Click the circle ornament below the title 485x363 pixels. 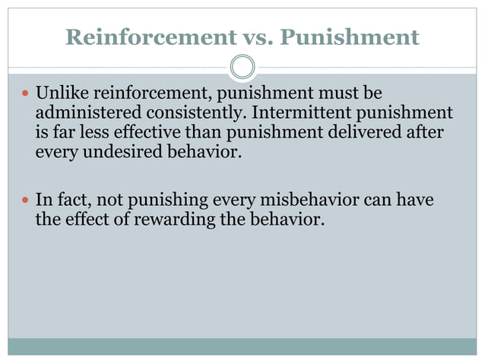pos(242,68)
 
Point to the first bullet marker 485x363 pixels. pos(25,94)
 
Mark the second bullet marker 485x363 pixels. pos(25,202)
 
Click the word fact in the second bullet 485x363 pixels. pos(74,202)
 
